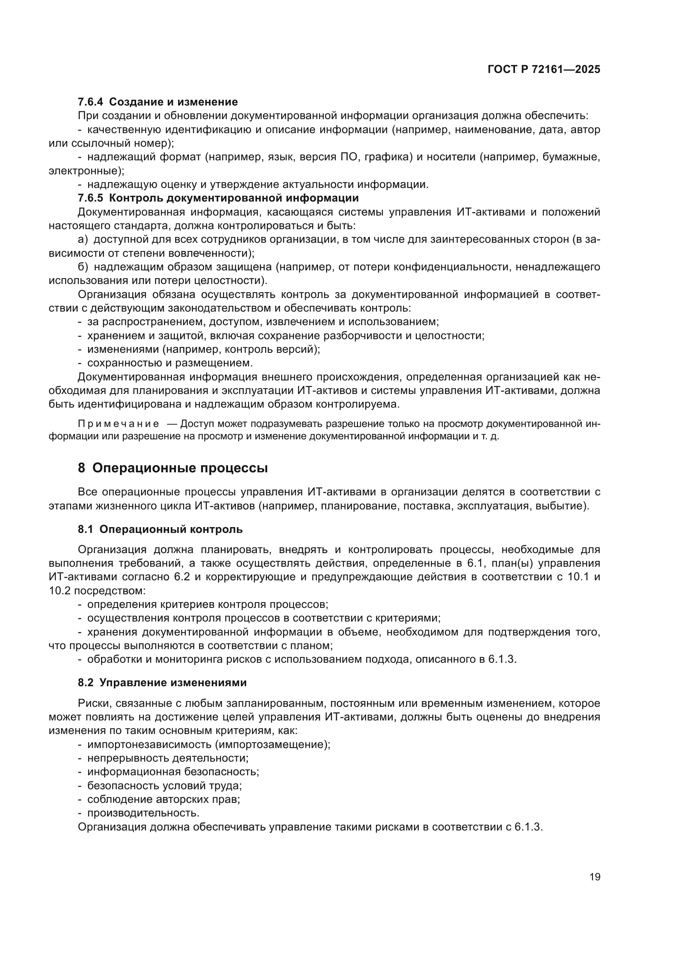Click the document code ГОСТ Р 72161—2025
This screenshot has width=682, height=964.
(544, 70)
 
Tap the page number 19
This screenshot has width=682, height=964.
(595, 877)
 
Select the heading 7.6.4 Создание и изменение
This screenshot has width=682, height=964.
(158, 102)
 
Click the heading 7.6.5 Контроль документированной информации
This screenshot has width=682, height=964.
(218, 198)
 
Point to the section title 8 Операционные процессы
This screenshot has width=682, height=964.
(173, 468)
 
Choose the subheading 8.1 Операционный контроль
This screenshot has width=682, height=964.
(160, 529)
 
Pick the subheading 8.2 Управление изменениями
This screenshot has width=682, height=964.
(162, 683)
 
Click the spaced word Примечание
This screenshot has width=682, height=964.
(118, 424)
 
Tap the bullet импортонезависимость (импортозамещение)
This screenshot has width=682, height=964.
(208, 744)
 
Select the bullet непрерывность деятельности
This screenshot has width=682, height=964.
(167, 758)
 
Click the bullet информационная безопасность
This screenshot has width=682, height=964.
(173, 772)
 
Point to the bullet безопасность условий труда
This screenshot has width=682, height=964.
(164, 786)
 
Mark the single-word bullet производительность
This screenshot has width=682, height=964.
(143, 813)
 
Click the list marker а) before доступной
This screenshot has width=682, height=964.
(83, 239)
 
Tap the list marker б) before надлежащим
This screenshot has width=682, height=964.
(83, 267)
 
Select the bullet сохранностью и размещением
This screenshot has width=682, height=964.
(169, 362)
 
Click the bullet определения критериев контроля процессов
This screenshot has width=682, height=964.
(207, 605)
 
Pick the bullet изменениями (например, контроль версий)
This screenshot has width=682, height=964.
(203, 349)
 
